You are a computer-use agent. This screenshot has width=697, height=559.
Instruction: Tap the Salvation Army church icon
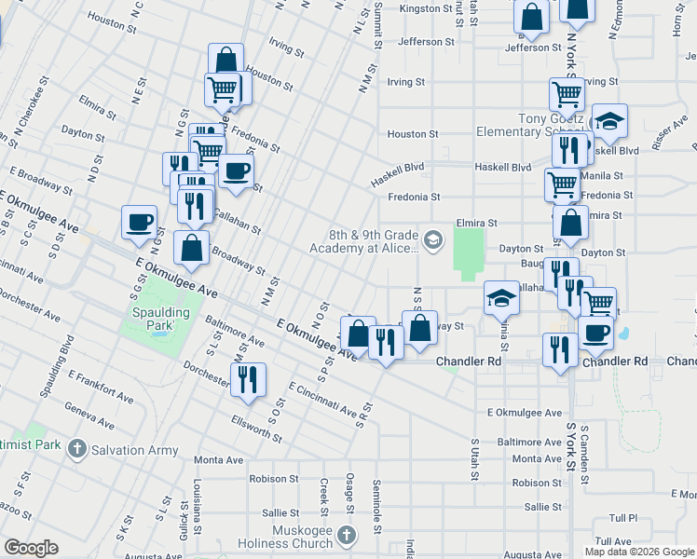pos(77,447)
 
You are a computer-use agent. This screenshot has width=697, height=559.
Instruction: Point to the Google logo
pos(31,548)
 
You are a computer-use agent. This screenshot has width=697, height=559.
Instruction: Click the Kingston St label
pos(425,8)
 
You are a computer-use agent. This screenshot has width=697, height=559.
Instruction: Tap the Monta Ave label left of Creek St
pos(218,460)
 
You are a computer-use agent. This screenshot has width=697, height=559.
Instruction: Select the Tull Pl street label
pos(622,517)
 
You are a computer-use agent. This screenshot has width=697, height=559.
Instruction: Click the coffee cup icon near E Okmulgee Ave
pos(139,222)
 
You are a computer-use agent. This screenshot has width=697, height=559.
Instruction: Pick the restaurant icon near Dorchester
pos(248,379)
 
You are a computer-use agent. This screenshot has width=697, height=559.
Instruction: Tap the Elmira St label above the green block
pos(477,224)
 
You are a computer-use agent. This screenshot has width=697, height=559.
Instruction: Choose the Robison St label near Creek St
pos(273,479)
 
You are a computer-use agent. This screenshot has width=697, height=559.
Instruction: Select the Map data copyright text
pos(638,552)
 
